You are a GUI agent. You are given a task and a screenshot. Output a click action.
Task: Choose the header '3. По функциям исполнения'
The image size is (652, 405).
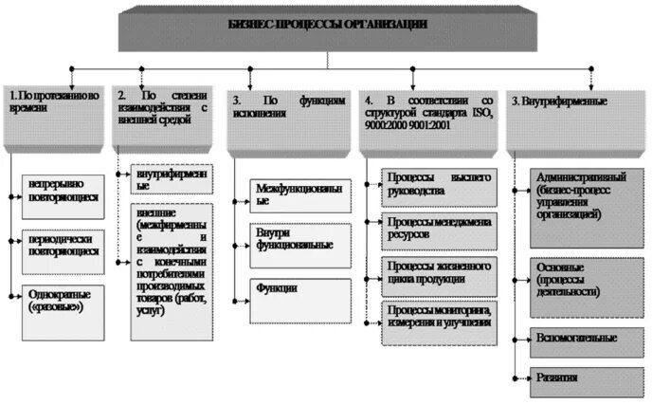click(x=289, y=114)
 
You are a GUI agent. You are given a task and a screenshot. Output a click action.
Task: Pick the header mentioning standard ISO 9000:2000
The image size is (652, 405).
click(x=427, y=114)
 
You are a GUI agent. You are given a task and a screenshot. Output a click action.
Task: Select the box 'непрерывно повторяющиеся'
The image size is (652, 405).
click(x=65, y=188)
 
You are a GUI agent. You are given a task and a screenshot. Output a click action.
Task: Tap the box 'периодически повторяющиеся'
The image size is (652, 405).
click(x=65, y=246)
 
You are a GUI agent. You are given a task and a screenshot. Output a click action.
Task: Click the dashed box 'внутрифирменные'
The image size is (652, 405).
click(x=170, y=180)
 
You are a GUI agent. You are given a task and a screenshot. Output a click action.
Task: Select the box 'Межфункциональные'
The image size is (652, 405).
click(x=299, y=195)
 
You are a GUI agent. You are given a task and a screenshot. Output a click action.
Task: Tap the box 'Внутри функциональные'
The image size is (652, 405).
click(x=299, y=240)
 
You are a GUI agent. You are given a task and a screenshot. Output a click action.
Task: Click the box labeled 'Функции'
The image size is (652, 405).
click(x=299, y=288)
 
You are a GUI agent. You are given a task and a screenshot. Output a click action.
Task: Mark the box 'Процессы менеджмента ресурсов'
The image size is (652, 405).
click(x=438, y=227)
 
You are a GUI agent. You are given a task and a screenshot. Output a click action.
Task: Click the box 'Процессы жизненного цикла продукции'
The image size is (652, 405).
click(x=438, y=271)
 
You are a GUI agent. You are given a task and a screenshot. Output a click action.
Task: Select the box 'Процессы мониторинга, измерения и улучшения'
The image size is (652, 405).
click(x=438, y=316)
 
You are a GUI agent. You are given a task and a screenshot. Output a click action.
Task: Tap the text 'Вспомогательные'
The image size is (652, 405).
click(x=576, y=338)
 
